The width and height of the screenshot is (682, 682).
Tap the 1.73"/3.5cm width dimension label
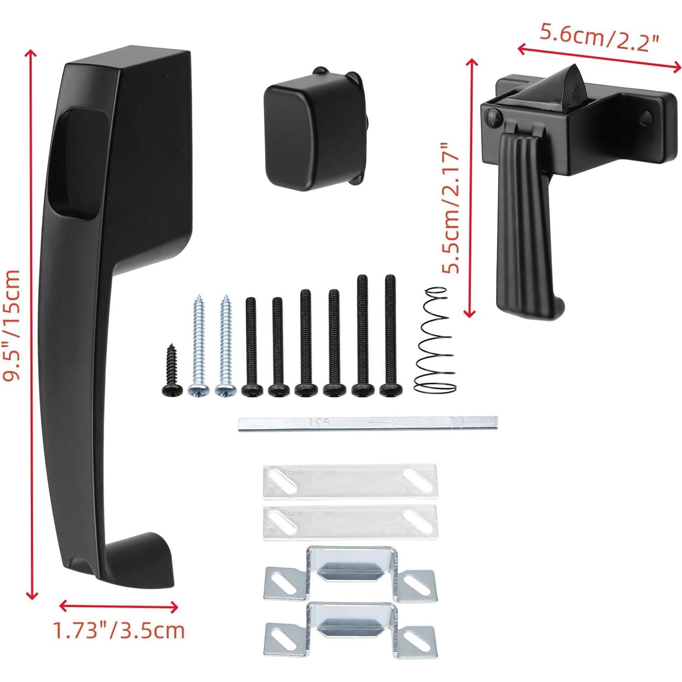coord(119,631)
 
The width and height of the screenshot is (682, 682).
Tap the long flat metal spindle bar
coord(368,423)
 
